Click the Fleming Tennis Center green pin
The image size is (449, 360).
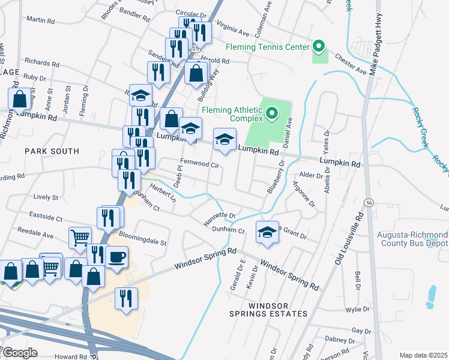point(319,47)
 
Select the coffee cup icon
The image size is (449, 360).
point(116,257)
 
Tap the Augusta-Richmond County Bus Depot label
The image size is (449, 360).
point(412,239)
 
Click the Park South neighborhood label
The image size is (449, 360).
point(52,151)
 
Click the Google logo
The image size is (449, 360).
point(20,353)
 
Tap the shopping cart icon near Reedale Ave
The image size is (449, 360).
point(79,238)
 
